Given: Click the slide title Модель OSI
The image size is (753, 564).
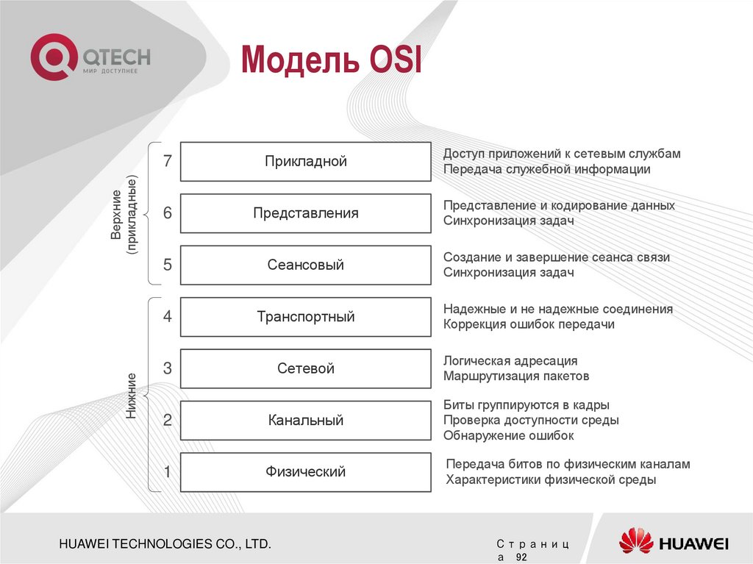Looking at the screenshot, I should [x=332, y=60].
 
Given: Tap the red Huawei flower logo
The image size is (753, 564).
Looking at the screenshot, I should [x=635, y=541].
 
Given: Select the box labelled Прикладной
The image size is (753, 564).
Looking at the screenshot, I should [x=305, y=162].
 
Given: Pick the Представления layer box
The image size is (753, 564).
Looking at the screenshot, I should [x=305, y=213].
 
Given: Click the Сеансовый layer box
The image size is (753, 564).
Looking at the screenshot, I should [x=305, y=265].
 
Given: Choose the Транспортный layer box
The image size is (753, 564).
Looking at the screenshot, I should [x=305, y=317].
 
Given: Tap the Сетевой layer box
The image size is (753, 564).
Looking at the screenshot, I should [x=305, y=368].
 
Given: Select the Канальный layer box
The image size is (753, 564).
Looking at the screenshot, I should [x=305, y=421].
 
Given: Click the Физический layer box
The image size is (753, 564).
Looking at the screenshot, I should [x=305, y=472].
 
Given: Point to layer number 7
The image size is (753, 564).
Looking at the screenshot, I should [x=167, y=162].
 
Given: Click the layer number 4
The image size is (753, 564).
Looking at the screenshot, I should [x=167, y=317].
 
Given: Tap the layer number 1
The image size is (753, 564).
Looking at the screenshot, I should [x=167, y=472].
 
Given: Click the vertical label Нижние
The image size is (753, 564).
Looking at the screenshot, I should [x=131, y=396].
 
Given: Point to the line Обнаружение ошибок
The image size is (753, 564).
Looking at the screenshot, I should [x=508, y=435].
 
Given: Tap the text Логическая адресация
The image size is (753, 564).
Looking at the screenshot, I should [x=510, y=361].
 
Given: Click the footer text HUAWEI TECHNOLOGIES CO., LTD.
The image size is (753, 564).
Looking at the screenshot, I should [x=165, y=544].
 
